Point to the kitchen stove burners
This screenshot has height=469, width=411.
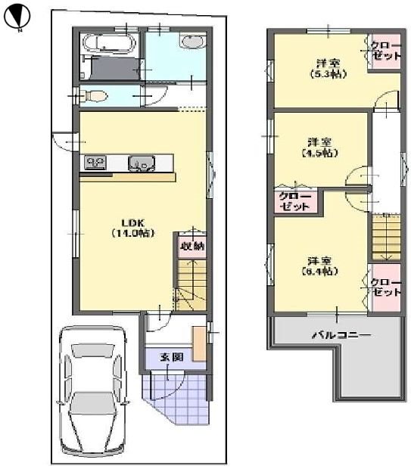pos(97,161)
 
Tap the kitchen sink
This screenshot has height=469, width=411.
pos(141,162)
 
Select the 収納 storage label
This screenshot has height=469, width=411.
pos(190,245)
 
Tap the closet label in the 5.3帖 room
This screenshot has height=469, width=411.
pos(385,51)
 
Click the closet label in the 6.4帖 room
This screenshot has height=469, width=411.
pos(385,287)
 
